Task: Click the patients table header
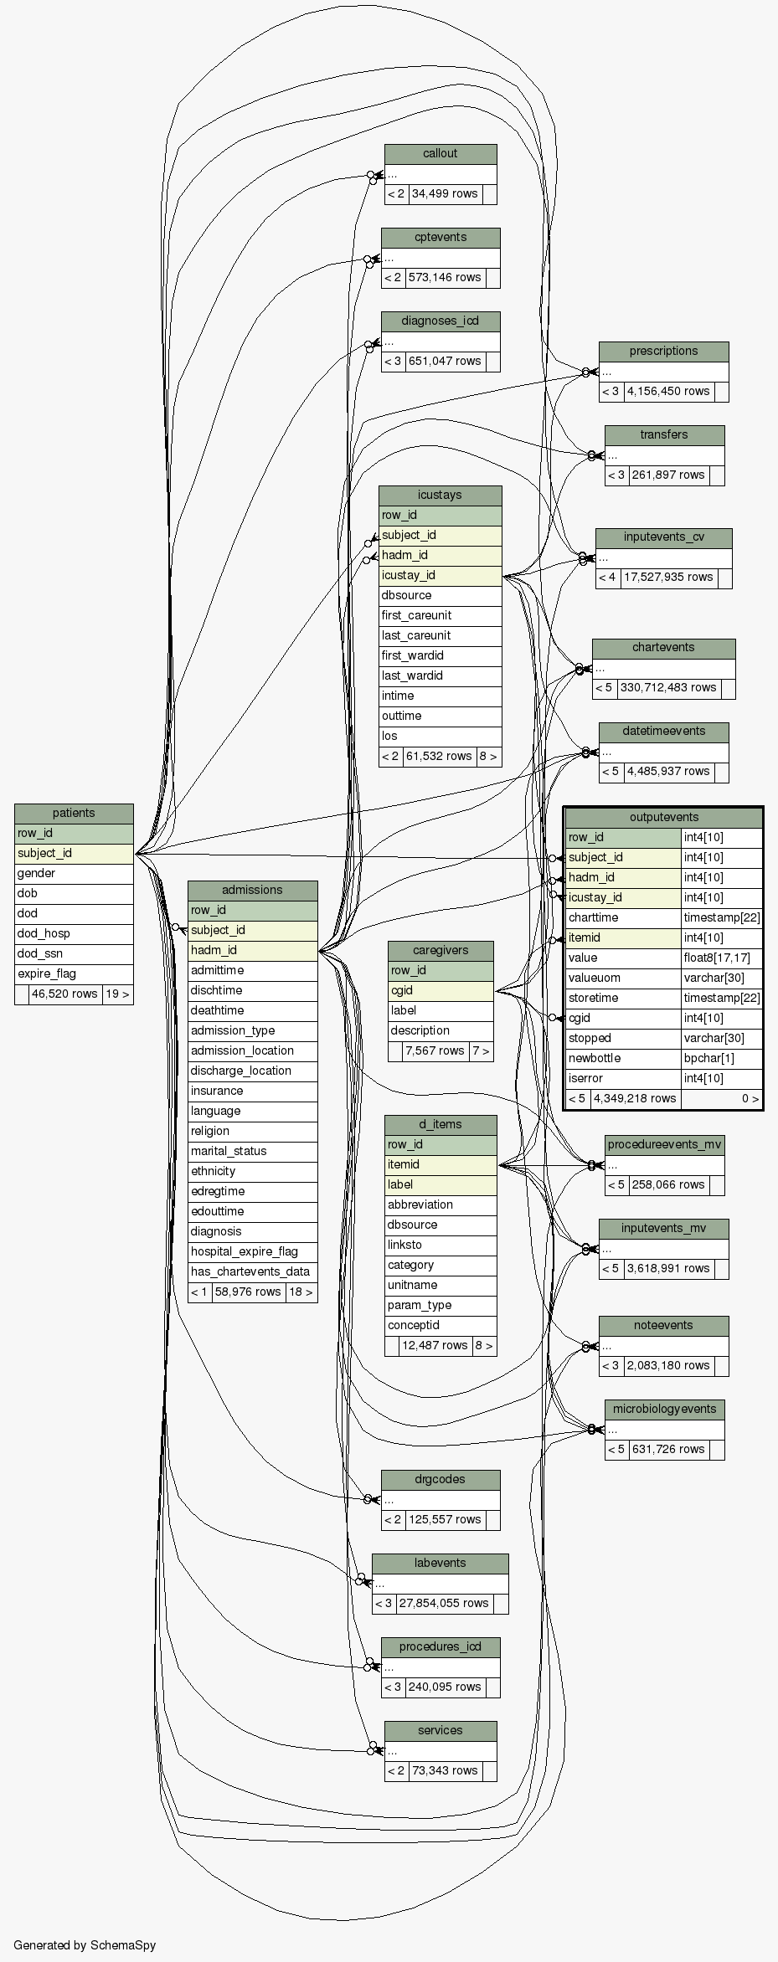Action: tap(74, 813)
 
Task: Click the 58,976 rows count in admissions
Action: tap(248, 1292)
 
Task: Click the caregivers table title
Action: tap(441, 950)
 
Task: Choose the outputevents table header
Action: tap(663, 817)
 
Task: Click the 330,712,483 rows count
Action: tap(667, 687)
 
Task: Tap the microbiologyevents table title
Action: tap(664, 1409)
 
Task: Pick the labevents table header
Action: tap(440, 1563)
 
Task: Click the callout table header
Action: tap(440, 153)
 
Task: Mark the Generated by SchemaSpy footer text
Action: tap(85, 1944)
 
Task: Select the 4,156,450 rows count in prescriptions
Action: tap(667, 391)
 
